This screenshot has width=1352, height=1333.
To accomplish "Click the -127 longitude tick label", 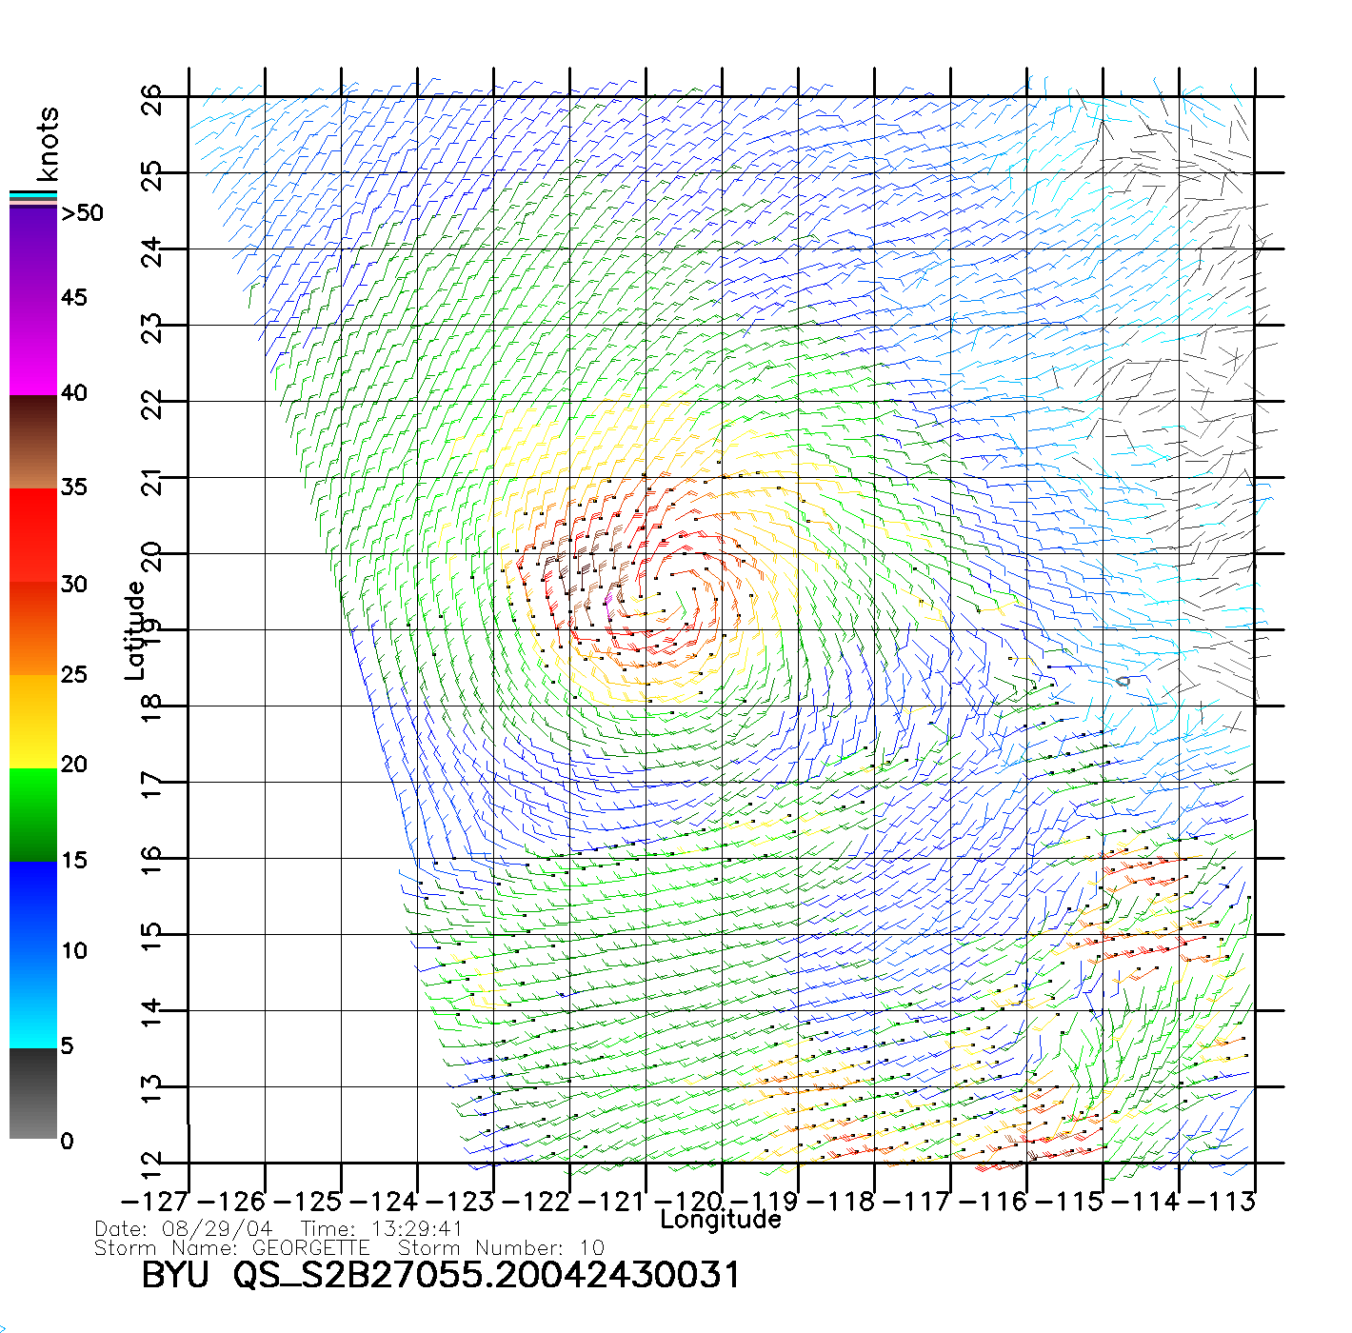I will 151,1202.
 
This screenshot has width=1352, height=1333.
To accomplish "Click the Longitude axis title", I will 721,1220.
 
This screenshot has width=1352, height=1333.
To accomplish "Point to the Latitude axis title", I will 135,630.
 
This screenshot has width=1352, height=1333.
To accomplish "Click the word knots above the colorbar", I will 48,144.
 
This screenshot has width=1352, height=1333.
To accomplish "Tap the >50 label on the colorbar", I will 82,213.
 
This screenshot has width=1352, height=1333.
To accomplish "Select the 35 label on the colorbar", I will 73,487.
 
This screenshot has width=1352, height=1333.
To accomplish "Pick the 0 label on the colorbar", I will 67,1141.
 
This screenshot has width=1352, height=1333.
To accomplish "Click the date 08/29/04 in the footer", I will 217,1229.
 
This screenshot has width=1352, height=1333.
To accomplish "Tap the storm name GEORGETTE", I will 310,1247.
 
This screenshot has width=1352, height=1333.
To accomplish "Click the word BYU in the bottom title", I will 175,1275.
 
